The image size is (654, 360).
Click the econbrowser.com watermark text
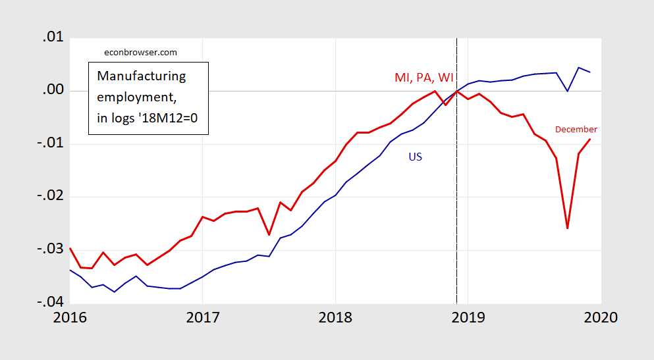[141, 53]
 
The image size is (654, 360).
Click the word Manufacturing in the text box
[141, 76]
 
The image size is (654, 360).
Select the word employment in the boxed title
[136, 97]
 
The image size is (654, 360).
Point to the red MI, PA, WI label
[423, 77]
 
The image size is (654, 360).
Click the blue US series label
[415, 157]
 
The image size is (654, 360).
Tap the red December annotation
[576, 130]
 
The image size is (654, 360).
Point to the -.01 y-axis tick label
[49, 144]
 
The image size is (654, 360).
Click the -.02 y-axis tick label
[49, 197]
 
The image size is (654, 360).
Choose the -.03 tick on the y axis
[49, 250]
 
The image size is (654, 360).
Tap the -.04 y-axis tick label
[49, 303]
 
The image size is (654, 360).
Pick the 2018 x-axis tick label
[335, 317]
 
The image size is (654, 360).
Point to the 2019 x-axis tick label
[468, 317]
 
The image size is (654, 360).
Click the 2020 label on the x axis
[600, 317]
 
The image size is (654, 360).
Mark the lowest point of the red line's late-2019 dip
[567, 228]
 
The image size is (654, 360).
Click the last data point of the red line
[589, 139]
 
